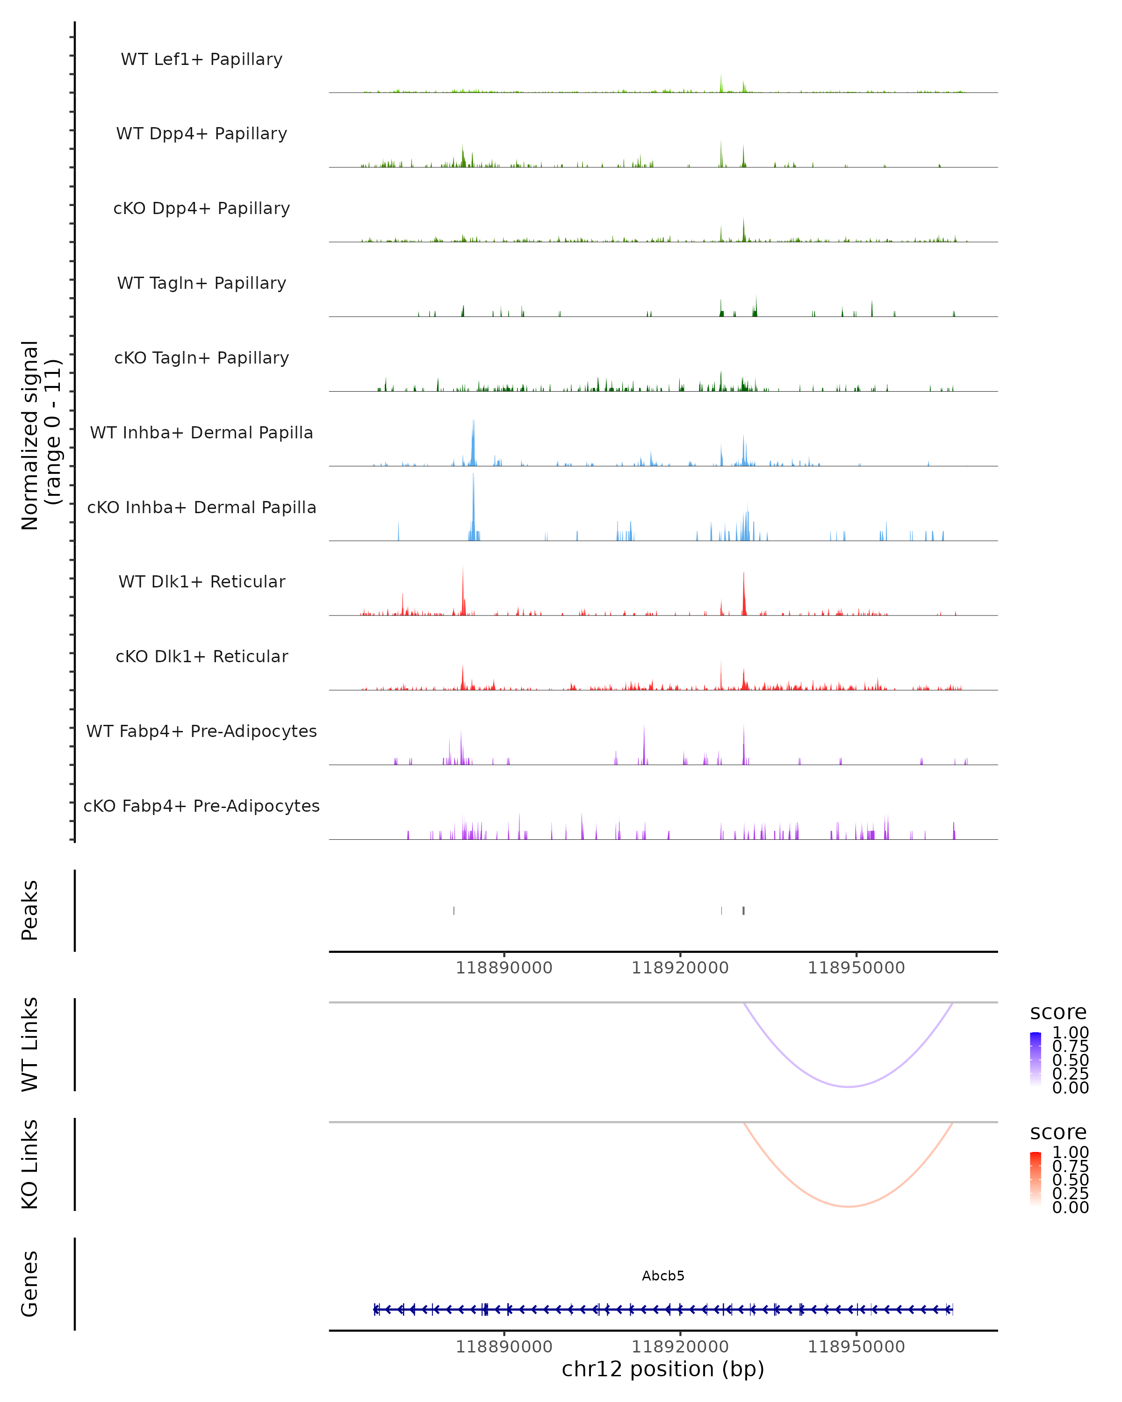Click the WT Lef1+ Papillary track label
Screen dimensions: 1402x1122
click(x=201, y=59)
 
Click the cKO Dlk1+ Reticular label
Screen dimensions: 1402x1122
click(x=201, y=656)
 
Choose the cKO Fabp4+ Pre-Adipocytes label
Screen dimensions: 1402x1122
click(x=201, y=806)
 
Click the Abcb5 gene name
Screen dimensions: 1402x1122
click(x=663, y=1276)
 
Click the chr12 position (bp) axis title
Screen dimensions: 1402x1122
click(x=663, y=1369)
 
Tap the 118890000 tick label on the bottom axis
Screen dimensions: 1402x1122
click(x=504, y=1346)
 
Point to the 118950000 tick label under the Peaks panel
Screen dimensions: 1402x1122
click(x=856, y=968)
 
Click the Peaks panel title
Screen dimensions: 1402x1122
click(x=30, y=910)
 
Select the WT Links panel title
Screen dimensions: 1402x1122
click(x=30, y=1044)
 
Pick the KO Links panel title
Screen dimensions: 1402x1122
click(x=30, y=1164)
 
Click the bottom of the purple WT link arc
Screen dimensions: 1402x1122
click(x=848, y=1087)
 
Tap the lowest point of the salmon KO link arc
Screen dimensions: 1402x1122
click(x=848, y=1206)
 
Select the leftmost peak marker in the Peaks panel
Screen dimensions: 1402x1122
click(x=454, y=910)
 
